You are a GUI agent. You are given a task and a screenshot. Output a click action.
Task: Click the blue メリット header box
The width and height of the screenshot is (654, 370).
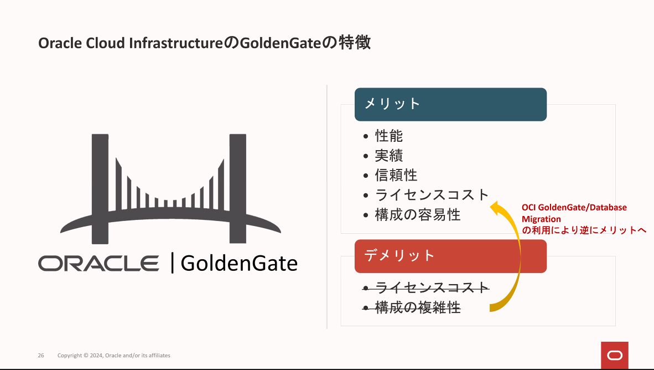point(450,104)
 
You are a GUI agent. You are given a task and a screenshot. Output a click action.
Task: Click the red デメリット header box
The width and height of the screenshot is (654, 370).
point(450,256)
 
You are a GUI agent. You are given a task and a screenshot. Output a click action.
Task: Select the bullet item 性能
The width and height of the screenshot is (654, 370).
point(389,136)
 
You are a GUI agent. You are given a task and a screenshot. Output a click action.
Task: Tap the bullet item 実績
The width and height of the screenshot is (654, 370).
point(389,155)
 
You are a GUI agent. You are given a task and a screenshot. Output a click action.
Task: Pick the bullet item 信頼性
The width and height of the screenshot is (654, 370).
point(396,175)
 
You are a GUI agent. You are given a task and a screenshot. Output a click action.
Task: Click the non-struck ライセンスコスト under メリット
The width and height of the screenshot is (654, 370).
point(432,194)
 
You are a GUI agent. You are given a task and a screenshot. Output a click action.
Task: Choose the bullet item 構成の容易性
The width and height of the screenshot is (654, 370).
point(418,215)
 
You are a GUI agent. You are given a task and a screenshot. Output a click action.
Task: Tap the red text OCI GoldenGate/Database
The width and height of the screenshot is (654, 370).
point(574,208)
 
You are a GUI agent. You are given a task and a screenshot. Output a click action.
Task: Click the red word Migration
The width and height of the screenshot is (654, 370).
point(541,219)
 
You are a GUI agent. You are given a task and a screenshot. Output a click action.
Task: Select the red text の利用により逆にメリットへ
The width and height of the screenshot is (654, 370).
point(584,230)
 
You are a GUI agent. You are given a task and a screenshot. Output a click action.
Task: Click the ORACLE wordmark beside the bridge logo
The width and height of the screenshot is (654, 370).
point(98,264)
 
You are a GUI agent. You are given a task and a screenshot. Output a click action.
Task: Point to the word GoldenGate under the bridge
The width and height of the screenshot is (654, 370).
point(239,263)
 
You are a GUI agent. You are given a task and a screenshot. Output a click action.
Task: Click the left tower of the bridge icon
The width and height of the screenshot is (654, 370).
point(100,189)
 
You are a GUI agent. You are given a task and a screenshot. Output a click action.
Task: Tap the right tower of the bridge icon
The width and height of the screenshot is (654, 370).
point(238,189)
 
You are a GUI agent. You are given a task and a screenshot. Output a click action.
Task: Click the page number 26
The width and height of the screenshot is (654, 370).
point(41,356)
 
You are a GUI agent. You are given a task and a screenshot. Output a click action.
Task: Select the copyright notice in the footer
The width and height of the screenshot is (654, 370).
point(114,356)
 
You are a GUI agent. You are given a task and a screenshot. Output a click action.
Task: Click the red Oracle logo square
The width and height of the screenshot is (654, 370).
point(614,356)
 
